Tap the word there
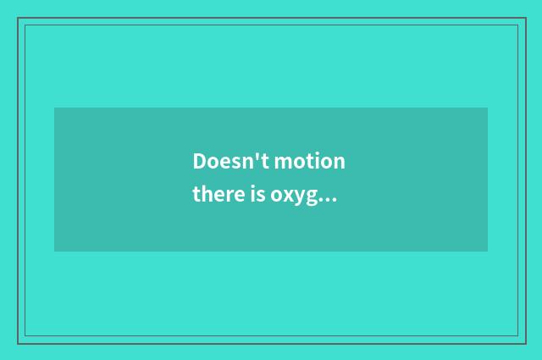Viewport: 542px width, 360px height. pyautogui.click(x=216, y=196)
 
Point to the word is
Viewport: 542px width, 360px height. pyautogui.click(x=255, y=196)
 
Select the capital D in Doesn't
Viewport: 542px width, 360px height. pyautogui.click(x=200, y=161)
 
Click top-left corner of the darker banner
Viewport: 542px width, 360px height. pyautogui.click(x=55, y=108)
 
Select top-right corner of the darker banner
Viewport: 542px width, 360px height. pyautogui.click(x=487, y=108)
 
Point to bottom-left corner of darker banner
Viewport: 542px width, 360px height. pyautogui.click(x=55, y=251)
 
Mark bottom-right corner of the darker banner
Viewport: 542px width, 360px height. pyautogui.click(x=487, y=251)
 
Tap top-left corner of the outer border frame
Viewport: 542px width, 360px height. pyautogui.click(x=18, y=19)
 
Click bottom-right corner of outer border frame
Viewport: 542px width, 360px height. pyautogui.click(x=525, y=343)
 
